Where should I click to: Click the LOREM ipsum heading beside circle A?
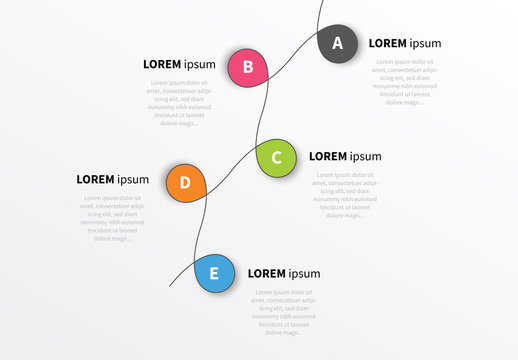point(405,43)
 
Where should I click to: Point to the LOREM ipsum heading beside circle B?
point(179,64)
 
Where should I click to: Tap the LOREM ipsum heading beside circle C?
point(345,156)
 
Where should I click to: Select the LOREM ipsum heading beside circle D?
point(112,180)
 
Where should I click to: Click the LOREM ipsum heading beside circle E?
point(284,273)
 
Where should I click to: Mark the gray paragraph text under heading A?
point(405,82)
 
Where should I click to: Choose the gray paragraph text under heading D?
point(112,218)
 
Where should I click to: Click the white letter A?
point(337,43)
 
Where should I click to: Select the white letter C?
point(277,157)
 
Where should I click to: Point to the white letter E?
point(213,274)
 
